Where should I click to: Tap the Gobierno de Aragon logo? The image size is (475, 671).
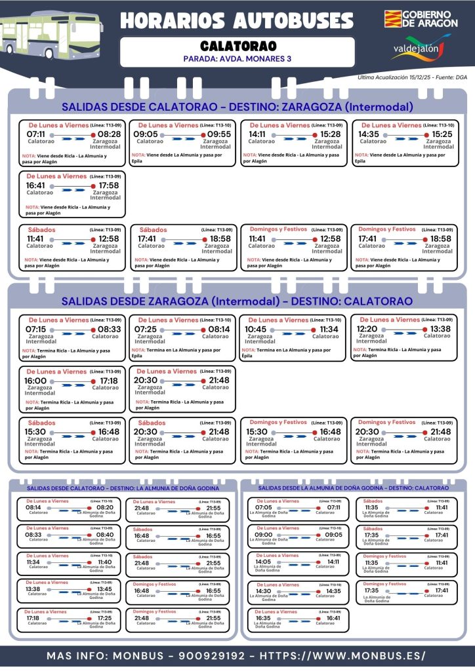tap(418, 18)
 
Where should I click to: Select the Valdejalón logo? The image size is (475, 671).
tap(421, 48)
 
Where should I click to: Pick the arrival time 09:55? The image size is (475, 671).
tap(219, 134)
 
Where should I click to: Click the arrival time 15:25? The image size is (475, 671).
tap(441, 134)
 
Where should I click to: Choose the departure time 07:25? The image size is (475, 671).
tap(146, 329)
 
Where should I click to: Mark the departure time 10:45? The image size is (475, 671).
tap(256, 329)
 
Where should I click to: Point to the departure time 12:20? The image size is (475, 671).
tap(367, 329)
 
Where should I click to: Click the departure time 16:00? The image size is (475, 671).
tap(36, 381)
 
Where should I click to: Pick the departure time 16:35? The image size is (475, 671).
tap(263, 618)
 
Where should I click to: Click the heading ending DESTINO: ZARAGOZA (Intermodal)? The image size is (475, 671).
tap(237, 107)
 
